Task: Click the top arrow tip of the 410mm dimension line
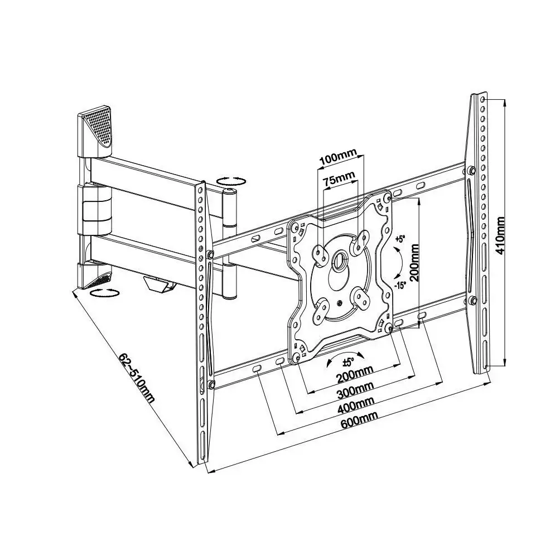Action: pos(505,100)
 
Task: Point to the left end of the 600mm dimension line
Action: pos(208,472)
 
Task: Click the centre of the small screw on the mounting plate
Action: pos(339,303)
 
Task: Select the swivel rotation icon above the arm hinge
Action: pos(231,181)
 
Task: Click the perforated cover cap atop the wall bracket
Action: pos(95,132)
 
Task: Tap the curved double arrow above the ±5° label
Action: pos(346,358)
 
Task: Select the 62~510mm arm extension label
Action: pos(137,378)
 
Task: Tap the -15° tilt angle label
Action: pos(400,286)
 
